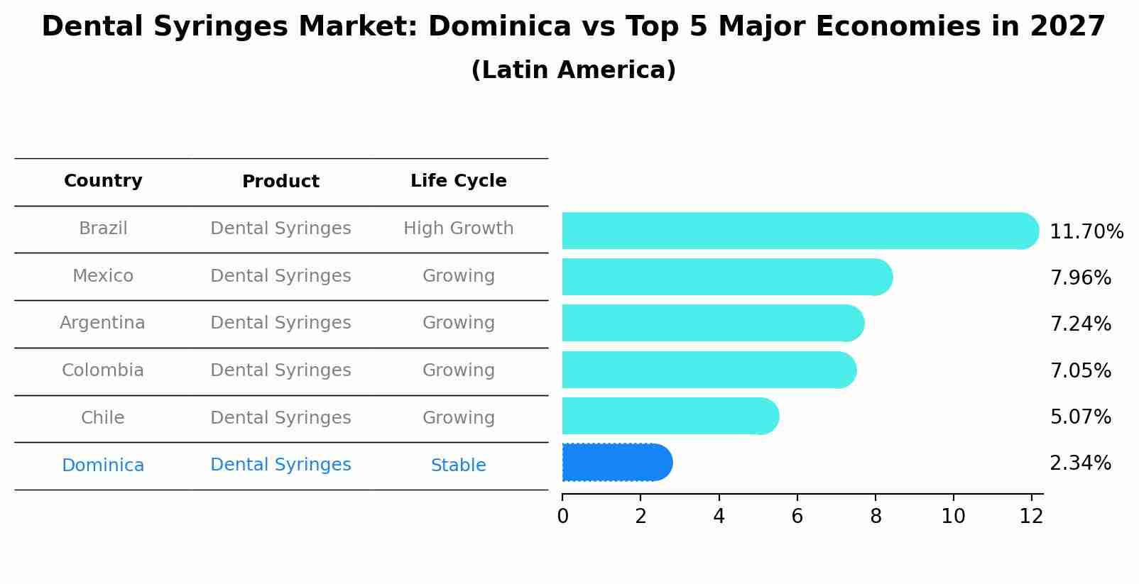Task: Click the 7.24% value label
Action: tap(1080, 324)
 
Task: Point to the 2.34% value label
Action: tap(1080, 463)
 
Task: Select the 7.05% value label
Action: tap(1080, 370)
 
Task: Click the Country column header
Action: tap(103, 181)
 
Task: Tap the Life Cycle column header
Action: tap(458, 181)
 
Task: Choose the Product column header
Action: tap(280, 182)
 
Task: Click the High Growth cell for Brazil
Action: tap(458, 228)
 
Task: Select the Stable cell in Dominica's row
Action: tap(458, 465)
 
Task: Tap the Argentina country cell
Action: tap(102, 323)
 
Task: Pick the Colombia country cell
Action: tap(102, 370)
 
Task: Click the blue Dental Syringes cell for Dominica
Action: tap(280, 465)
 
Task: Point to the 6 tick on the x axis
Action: tap(797, 517)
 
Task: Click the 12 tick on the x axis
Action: tap(1031, 517)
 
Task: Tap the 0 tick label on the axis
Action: tap(562, 517)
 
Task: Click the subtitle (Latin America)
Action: tap(573, 70)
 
